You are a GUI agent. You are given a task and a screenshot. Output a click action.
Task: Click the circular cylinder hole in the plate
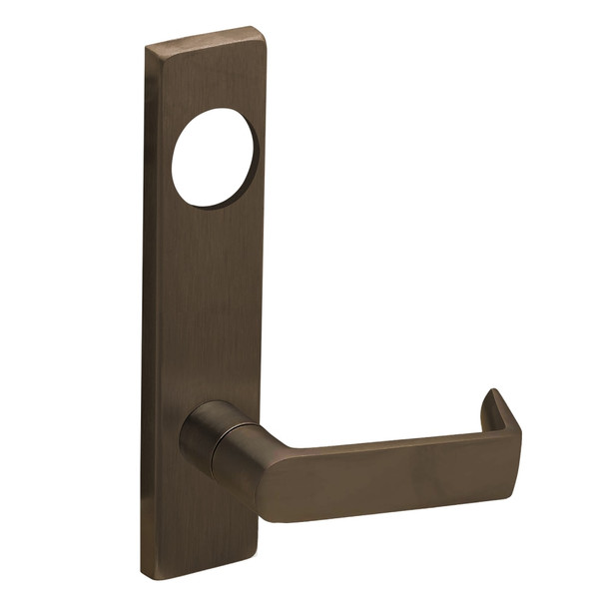point(215,163)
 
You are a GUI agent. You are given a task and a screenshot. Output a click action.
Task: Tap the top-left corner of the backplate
point(147,47)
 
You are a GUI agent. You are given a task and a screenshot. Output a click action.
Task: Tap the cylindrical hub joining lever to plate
point(208,438)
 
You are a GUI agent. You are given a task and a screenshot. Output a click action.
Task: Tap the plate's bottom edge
point(205,571)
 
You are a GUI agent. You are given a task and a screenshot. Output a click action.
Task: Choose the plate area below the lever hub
point(205,519)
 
